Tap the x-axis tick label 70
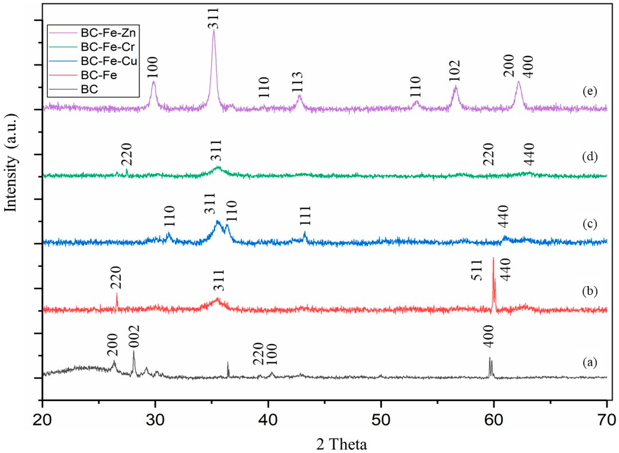pyautogui.click(x=606, y=428)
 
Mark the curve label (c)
pyautogui.click(x=590, y=224)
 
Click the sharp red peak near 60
pyautogui.click(x=493, y=259)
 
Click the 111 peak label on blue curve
pyautogui.click(x=305, y=216)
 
